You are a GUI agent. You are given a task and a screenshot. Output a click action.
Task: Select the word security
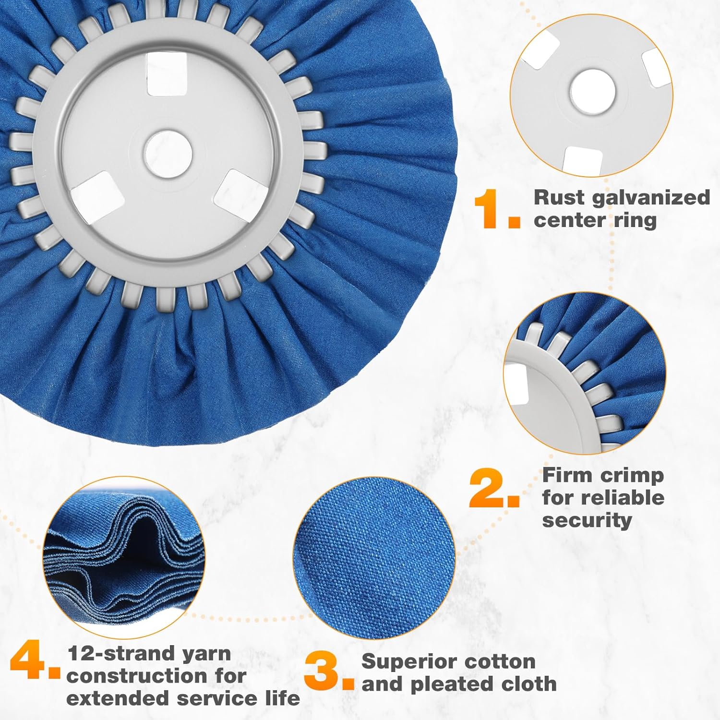click(x=587, y=520)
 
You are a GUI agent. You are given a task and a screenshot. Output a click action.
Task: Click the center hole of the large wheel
click(x=168, y=155)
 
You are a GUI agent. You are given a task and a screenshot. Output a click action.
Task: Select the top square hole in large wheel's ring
click(x=167, y=74)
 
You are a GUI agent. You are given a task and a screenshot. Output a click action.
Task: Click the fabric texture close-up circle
click(x=374, y=558)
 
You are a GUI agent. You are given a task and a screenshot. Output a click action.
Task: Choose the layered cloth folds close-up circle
click(x=124, y=558)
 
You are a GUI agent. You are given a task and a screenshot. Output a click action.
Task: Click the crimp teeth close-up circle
click(x=585, y=373)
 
